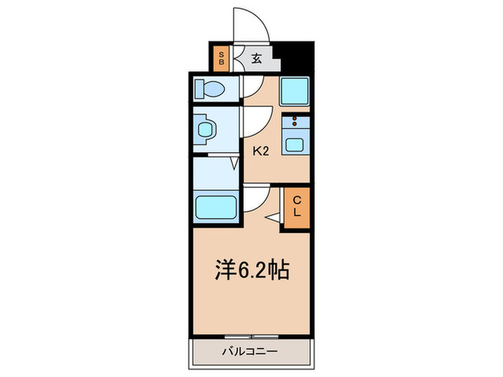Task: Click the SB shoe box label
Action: (x=222, y=58)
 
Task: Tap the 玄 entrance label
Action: (x=257, y=58)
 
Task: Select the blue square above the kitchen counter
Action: (x=295, y=90)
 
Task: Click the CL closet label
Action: (x=295, y=208)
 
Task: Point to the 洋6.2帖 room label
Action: (x=251, y=271)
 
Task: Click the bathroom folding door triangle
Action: (x=234, y=164)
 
